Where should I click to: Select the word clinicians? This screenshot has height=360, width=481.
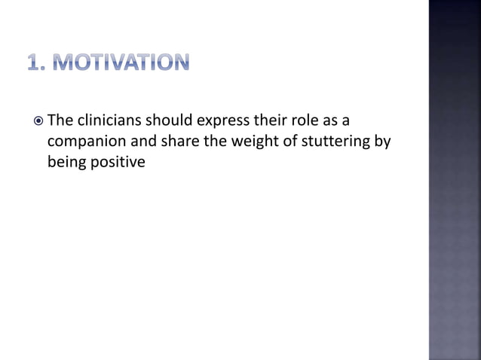point(109,121)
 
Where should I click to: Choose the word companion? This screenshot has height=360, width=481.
point(83,140)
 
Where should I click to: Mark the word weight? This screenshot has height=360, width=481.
point(238,140)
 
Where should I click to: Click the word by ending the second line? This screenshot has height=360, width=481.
point(381,140)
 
